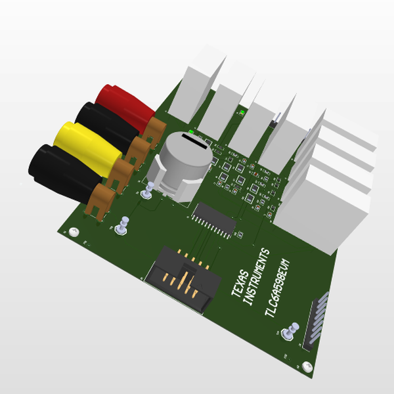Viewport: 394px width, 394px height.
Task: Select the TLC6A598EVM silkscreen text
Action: tap(282, 282)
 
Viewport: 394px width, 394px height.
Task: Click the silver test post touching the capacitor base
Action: tap(149, 190)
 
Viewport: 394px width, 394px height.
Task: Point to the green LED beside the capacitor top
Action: tap(192, 131)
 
